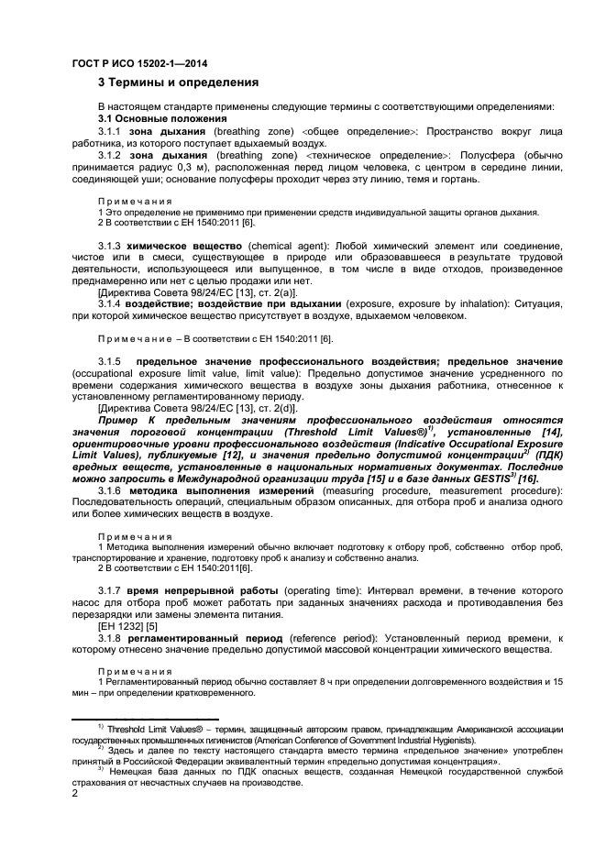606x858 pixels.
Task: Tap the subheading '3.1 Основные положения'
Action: (162, 119)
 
